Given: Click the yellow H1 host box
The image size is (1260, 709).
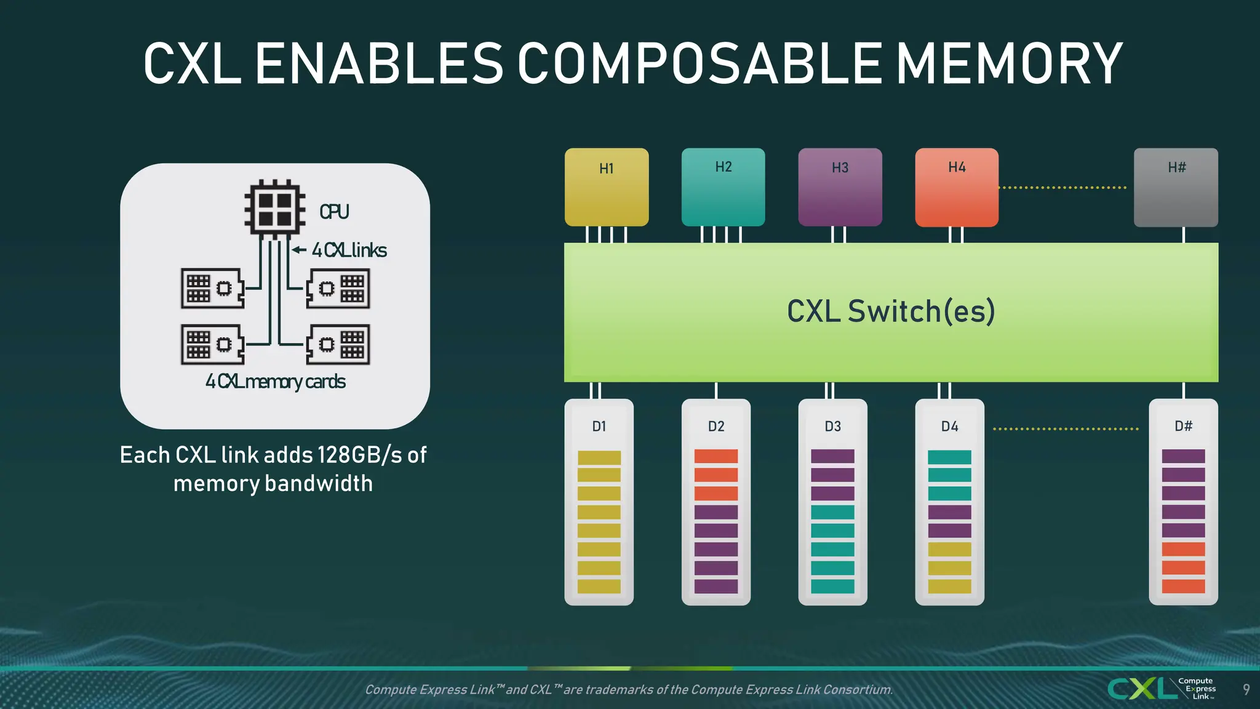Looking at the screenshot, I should click(607, 187).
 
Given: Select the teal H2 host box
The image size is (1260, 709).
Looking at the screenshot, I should click(723, 187).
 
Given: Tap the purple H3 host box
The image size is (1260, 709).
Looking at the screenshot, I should click(840, 187).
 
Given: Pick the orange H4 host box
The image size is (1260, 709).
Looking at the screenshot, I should click(957, 187).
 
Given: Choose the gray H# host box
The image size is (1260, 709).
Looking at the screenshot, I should click(1176, 187).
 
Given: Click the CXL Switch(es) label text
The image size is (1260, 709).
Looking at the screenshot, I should click(891, 311).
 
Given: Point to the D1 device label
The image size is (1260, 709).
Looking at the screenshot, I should click(599, 427).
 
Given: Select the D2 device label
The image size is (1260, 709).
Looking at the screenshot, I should click(716, 427).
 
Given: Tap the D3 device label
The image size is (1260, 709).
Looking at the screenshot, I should click(832, 427).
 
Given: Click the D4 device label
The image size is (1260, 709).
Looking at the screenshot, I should click(949, 427).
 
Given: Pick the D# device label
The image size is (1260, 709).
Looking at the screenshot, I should click(1183, 426).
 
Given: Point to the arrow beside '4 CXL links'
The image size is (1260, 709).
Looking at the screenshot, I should click(299, 250).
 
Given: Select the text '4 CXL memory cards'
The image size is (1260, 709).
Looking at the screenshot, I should click(276, 382).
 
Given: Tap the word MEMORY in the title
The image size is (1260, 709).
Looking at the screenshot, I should click(1009, 64).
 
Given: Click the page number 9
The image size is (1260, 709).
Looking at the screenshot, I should click(1246, 689).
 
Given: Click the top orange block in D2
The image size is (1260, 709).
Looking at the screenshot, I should click(716, 457).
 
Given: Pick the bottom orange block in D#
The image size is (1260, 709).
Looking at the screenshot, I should click(1183, 587).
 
